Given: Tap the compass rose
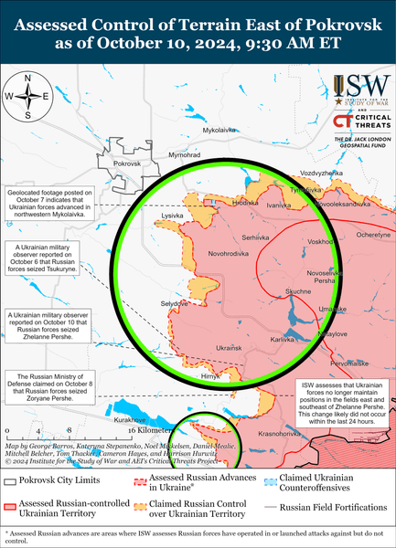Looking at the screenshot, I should pos(29,96).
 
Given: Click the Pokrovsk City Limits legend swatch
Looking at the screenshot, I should pos(11,480).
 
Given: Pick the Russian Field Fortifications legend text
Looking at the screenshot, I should pos(334,505).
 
